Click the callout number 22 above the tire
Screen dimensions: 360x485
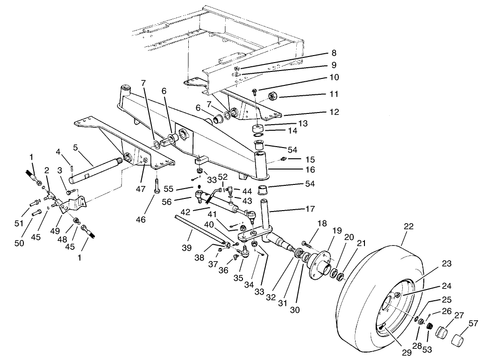point(408,227)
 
